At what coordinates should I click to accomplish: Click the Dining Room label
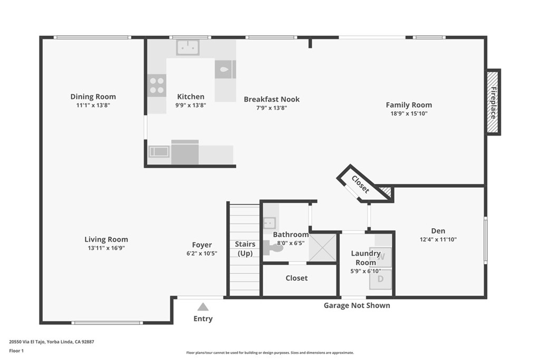click(93, 96)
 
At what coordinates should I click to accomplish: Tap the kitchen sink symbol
click(188, 47)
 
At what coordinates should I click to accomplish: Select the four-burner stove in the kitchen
click(157, 85)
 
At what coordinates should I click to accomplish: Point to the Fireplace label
click(494, 103)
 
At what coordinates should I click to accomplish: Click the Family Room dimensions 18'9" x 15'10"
click(409, 113)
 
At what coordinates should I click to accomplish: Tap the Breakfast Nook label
click(272, 100)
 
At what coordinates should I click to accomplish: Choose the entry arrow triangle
click(203, 307)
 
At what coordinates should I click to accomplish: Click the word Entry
click(203, 319)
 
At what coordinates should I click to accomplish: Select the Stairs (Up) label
click(245, 249)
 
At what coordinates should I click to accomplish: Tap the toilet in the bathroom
click(273, 247)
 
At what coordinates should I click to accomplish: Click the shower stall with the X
click(322, 247)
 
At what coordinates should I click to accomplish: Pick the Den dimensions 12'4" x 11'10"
click(438, 239)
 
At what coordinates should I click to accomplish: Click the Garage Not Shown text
click(357, 306)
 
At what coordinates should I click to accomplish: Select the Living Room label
click(106, 239)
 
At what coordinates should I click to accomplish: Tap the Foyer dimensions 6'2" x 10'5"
click(202, 254)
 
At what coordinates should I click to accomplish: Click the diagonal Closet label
click(360, 184)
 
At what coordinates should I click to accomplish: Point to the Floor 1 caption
click(16, 351)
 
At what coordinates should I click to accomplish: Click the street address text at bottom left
click(52, 342)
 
